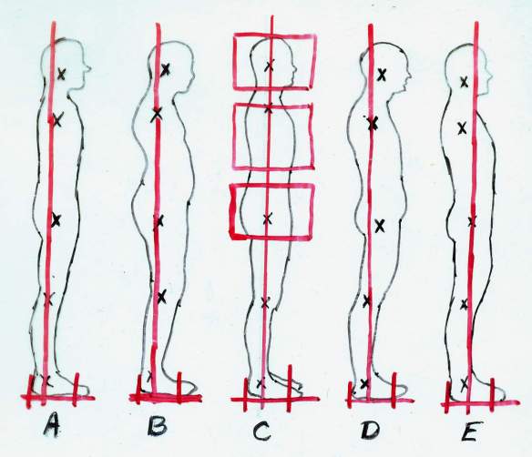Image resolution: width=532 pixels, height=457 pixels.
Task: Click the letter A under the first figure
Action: coord(52,425)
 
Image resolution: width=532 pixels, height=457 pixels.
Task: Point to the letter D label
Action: coord(370,430)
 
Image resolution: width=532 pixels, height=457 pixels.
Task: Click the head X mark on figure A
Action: coord(61,74)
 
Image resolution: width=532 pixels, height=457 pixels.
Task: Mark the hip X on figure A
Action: coord(56,220)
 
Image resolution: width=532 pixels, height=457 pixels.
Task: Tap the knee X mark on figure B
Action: coord(162,297)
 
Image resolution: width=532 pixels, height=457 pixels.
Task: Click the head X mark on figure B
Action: coord(165,70)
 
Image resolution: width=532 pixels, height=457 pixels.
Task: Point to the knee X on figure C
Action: coord(266,303)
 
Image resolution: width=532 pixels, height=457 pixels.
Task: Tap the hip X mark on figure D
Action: coord(381,226)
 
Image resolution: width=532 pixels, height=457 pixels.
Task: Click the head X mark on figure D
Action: coord(382,75)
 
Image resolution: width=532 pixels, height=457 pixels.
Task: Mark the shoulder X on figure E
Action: coord(462,128)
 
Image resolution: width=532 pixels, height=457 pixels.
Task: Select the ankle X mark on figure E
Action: coord(465,384)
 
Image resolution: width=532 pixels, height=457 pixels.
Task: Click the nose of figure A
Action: coord(88,69)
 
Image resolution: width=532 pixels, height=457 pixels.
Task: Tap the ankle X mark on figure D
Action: coord(364,383)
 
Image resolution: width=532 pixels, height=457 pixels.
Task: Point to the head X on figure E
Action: coord(465,82)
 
